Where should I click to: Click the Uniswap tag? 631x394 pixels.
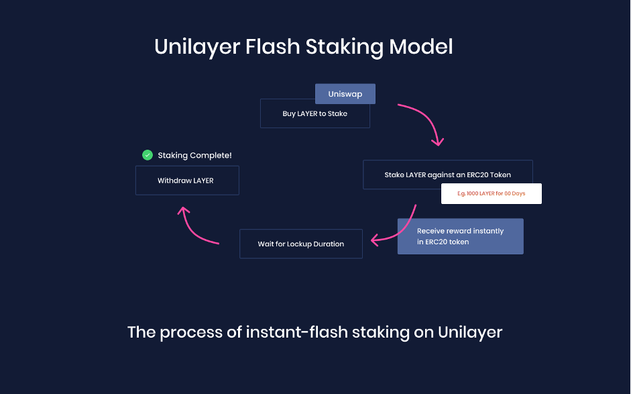pos(345,94)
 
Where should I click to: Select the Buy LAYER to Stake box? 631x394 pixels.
pos(314,113)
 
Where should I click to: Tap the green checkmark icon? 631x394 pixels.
pos(148,155)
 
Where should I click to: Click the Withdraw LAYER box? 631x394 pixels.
pos(187,181)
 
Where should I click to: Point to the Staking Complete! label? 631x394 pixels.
pos(194,156)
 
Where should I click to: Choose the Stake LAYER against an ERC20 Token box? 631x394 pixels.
pos(447,175)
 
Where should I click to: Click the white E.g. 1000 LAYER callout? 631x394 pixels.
pos(492,194)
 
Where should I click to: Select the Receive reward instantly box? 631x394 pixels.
pos(461,236)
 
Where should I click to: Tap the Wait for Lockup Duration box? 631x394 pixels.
pos(301,244)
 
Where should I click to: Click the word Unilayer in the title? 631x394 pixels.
pos(197,47)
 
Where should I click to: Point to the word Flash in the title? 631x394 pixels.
pos(273,46)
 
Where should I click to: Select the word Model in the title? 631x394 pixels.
pos(421,46)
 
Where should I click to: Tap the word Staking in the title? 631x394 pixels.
pos(345,47)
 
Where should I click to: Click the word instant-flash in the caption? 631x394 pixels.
pos(297,332)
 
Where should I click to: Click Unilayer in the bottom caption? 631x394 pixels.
pos(470,333)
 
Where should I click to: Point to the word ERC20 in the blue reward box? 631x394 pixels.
pos(435,242)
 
